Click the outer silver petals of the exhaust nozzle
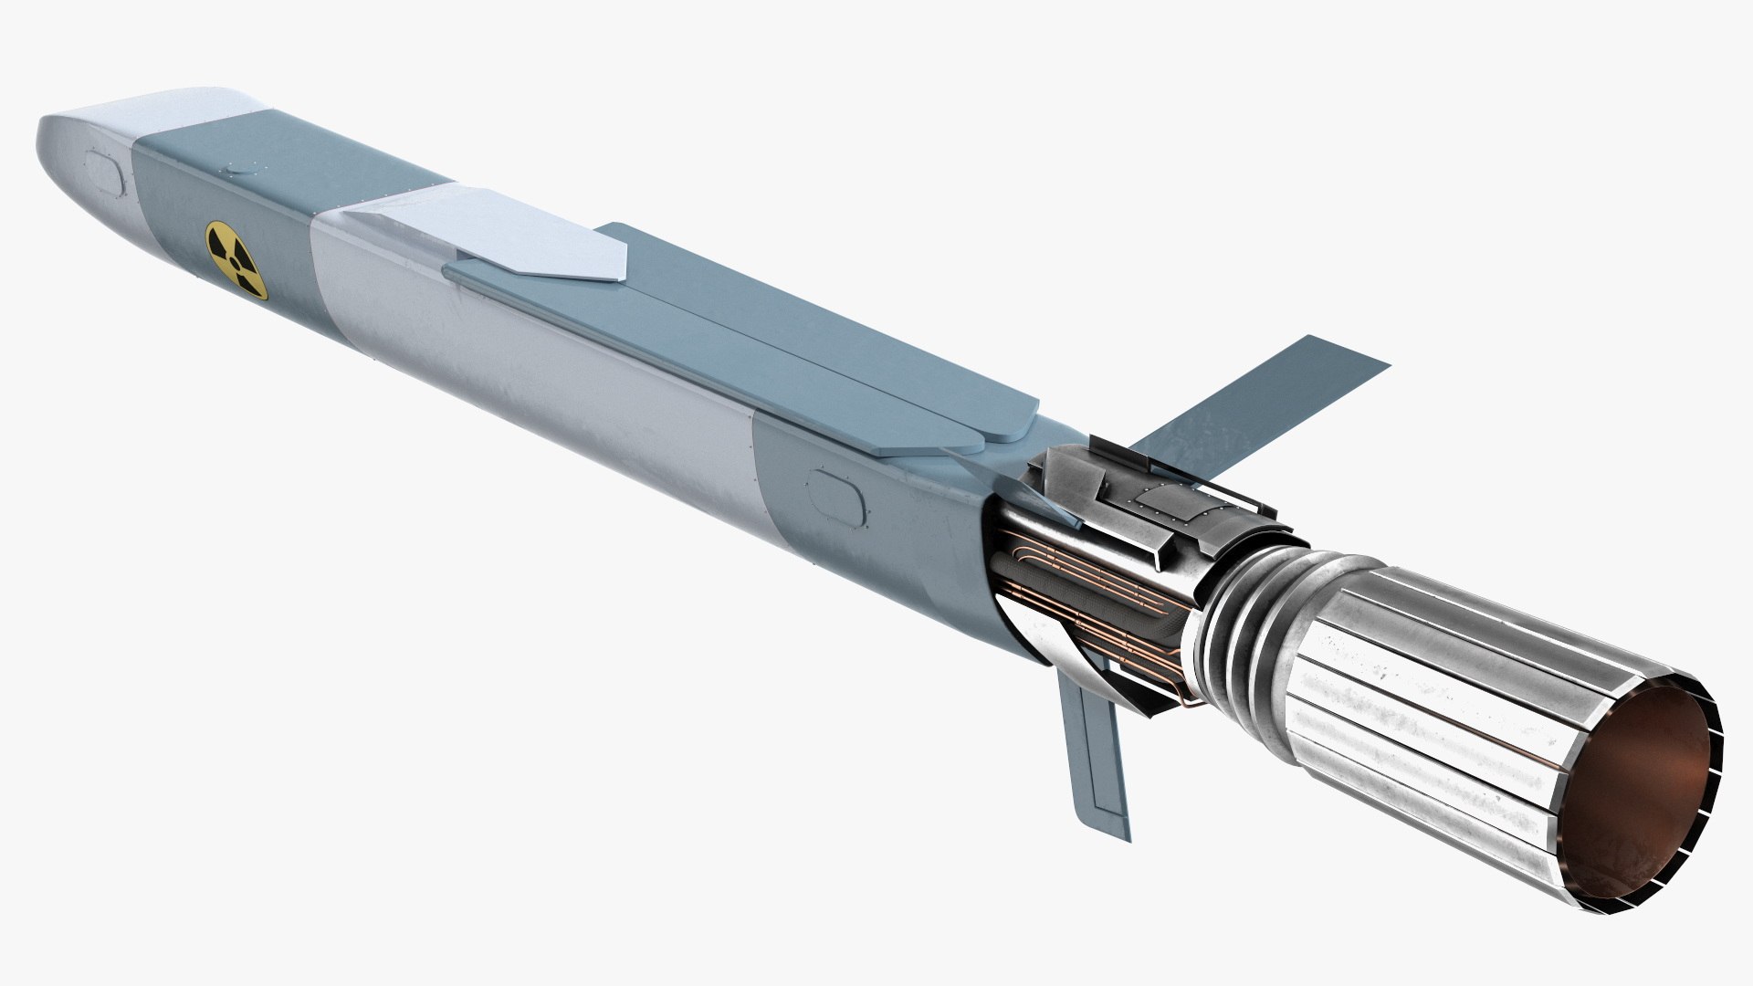(x=1424, y=694)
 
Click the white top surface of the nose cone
(x=155, y=114)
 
